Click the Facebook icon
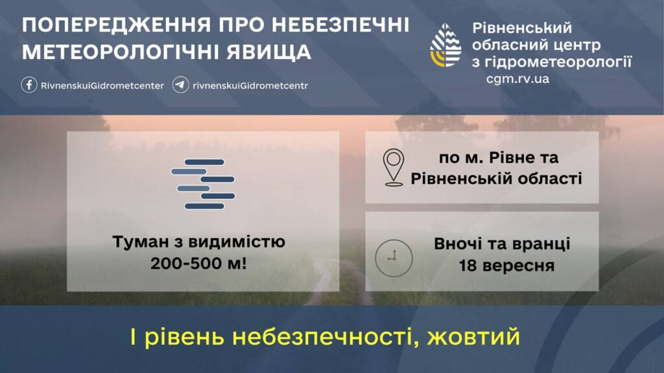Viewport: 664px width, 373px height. [x=29, y=85]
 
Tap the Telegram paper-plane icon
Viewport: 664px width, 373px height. [x=180, y=85]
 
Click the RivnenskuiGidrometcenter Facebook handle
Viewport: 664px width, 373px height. [x=102, y=86]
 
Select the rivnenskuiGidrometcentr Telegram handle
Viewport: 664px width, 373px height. [x=250, y=86]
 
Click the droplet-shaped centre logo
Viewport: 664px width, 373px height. [x=445, y=45]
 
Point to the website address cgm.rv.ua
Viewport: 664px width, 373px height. [x=517, y=79]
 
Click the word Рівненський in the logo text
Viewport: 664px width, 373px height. [x=522, y=28]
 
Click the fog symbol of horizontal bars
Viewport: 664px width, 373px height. [x=203, y=184]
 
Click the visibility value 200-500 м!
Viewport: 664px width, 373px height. [x=198, y=264]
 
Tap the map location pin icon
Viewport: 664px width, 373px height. [x=394, y=168]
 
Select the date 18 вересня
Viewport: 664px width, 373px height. [x=506, y=266]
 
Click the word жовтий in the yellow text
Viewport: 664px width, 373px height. [x=473, y=337]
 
